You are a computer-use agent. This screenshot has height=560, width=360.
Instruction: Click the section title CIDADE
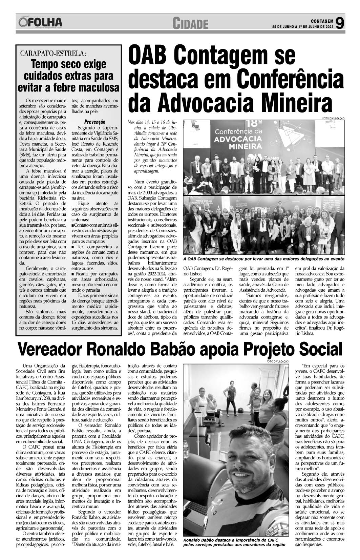pyautogui.click(x=190, y=24)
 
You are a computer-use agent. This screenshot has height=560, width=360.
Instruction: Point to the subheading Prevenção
pyautogui.click(x=94, y=122)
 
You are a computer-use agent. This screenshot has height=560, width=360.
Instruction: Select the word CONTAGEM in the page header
pyautogui.click(x=320, y=20)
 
